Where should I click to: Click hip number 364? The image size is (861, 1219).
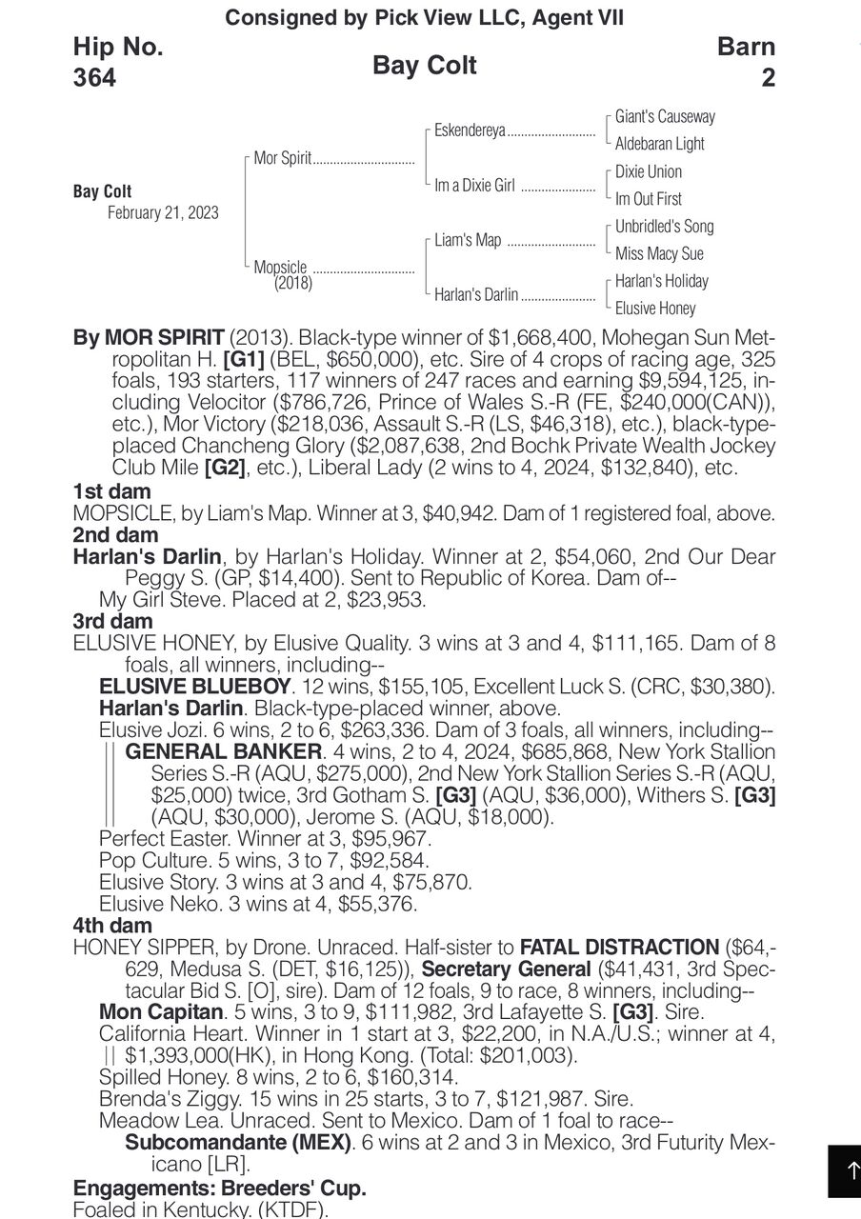[x=94, y=77]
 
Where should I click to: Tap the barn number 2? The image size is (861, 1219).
[x=768, y=77]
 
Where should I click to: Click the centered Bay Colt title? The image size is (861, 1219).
[x=425, y=66]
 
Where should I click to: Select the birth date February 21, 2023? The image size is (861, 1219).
[x=163, y=212]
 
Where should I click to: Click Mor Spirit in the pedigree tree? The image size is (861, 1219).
[x=283, y=158]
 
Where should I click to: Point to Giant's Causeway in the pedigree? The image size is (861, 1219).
[x=665, y=116]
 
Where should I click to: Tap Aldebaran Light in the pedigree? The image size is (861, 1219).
[x=660, y=144]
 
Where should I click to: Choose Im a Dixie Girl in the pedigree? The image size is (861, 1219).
[x=474, y=186]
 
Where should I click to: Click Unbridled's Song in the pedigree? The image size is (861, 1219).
[x=664, y=227]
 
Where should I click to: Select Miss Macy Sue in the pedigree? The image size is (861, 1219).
[x=659, y=253]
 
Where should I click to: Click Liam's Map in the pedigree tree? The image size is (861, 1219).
[x=468, y=240]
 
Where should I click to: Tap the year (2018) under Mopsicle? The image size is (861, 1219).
[x=293, y=283]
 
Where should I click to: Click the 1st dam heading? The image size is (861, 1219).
[x=110, y=492]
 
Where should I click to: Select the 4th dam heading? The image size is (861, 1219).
[x=112, y=925]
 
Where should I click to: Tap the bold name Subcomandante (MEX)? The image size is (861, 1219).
[x=238, y=1142]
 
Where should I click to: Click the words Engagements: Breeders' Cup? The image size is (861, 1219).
[x=219, y=1189]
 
